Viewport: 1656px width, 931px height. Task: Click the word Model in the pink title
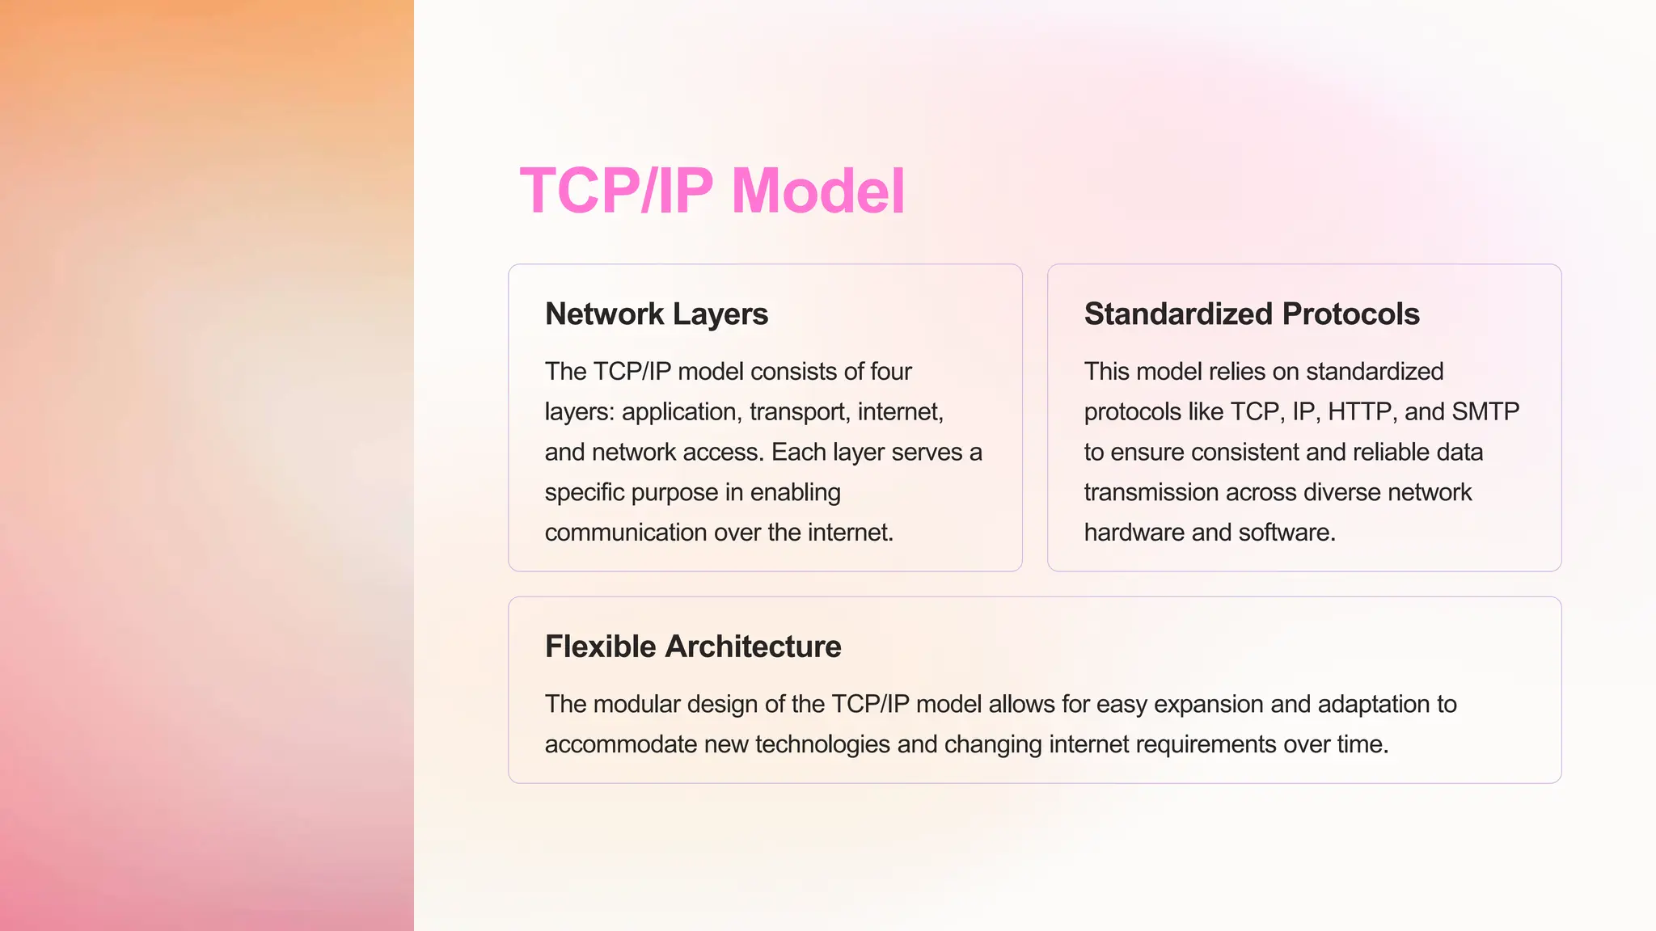click(817, 192)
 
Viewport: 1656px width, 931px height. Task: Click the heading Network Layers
click(657, 314)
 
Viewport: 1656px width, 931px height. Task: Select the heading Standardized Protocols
click(1252, 314)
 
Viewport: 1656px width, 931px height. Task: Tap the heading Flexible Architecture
click(693, 647)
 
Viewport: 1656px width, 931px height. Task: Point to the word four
click(890, 371)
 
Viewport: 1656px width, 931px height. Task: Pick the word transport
click(799, 412)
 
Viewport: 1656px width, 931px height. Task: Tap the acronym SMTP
click(1485, 411)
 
